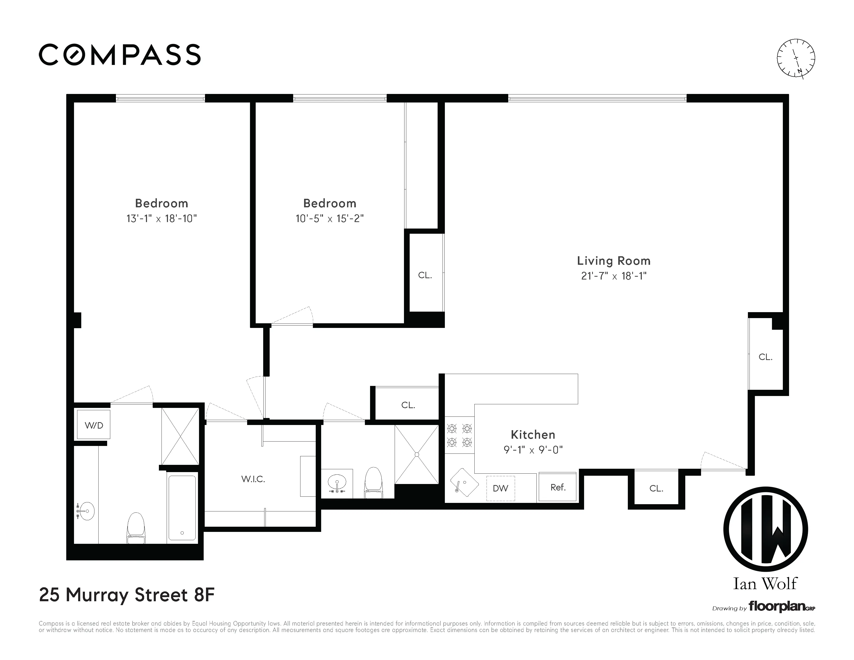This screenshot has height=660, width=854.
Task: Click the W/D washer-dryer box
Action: click(x=93, y=425)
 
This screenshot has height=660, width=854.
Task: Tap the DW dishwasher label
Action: click(x=500, y=488)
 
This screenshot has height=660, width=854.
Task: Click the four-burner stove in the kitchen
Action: click(x=459, y=435)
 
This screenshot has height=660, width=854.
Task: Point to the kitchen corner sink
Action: click(x=464, y=483)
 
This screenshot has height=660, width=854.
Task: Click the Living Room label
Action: click(x=614, y=261)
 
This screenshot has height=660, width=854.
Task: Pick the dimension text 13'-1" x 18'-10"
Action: click(x=161, y=218)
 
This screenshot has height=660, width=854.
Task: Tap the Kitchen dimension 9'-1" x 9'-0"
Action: click(x=533, y=450)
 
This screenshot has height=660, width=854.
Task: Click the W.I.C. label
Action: click(x=253, y=479)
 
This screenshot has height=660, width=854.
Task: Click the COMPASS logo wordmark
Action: click(x=120, y=55)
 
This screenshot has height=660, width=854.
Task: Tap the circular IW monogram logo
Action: click(x=765, y=530)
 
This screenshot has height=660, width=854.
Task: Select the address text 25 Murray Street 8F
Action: click(x=127, y=595)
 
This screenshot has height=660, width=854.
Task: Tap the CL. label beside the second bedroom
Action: click(x=425, y=275)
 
